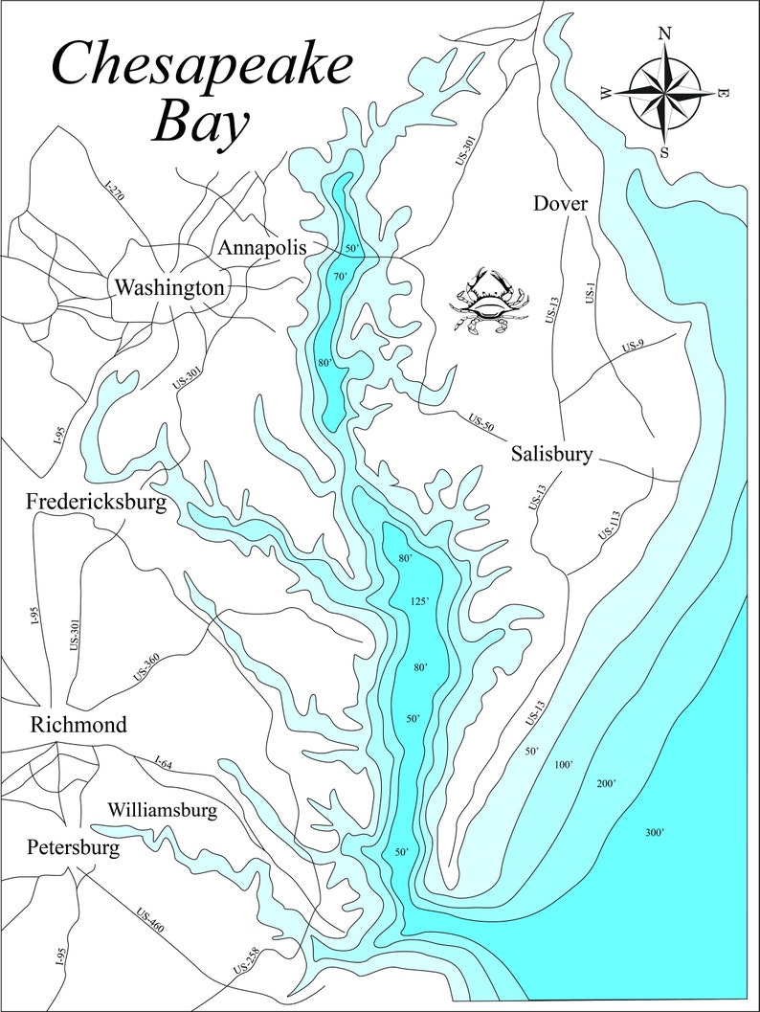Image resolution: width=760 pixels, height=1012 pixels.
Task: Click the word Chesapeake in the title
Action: pos(201,66)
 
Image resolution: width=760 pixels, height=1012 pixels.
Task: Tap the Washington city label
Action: pos(169,286)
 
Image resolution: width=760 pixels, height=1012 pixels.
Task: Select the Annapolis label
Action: pos(262,247)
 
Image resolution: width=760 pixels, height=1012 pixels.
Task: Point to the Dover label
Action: pos(560,204)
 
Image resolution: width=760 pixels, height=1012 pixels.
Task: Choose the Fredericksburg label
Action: pos(97,501)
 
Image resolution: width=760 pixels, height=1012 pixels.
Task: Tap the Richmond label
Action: pos(78,724)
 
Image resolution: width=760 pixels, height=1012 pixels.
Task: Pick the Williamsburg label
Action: pos(162,810)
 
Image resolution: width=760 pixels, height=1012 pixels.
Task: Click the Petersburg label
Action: pos(74,847)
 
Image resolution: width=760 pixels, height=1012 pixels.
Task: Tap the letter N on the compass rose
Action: pos(664,34)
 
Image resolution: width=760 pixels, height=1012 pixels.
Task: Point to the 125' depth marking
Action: pos(418,601)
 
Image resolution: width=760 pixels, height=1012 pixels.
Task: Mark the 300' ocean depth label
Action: pos(655,833)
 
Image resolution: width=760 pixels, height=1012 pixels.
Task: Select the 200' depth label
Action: pos(607,784)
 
